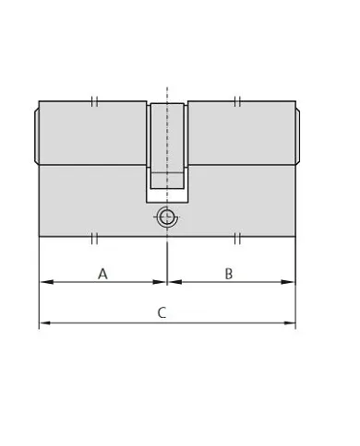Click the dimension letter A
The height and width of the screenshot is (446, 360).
[103, 273]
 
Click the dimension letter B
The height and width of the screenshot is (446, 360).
[229, 273]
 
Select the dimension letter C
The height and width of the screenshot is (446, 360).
[162, 312]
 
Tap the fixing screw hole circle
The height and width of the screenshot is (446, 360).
[166, 217]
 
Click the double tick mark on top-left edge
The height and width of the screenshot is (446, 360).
[95, 100]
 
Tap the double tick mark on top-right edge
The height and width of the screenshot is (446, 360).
[237, 100]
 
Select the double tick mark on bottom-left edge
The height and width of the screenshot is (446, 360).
[95, 239]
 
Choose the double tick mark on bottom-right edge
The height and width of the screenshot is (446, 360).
[237, 239]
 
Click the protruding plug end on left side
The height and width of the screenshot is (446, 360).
[36, 135]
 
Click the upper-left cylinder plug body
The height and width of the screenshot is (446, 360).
[92, 135]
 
